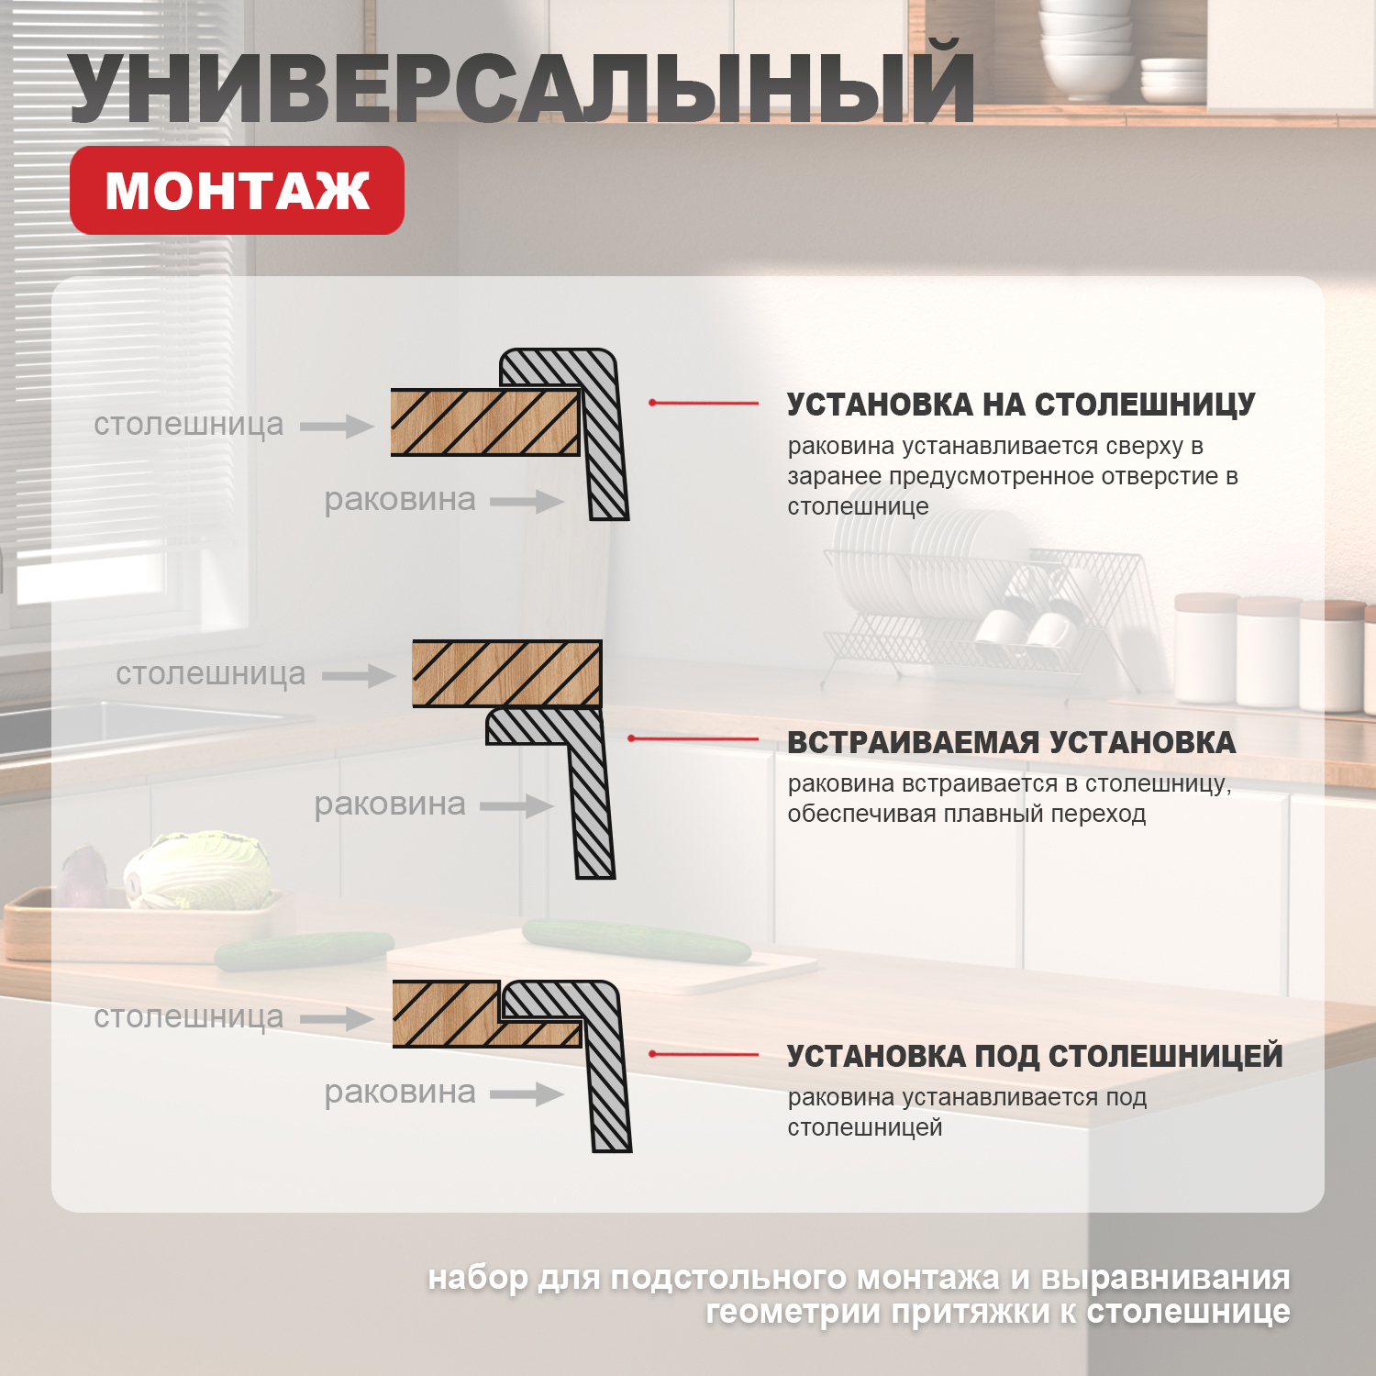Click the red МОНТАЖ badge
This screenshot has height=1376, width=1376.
coord(237,191)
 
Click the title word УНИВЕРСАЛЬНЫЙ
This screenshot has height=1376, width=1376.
coord(521,89)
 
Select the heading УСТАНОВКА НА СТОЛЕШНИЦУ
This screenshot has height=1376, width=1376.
coord(1021,405)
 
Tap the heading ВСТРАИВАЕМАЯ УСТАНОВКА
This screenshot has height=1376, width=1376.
coord(1011,742)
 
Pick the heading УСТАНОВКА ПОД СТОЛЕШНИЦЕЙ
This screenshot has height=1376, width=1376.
coord(1035,1056)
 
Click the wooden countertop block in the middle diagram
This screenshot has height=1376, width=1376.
coord(506,673)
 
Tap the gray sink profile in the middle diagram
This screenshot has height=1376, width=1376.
coord(587,798)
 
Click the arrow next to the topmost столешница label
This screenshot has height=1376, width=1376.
coord(337,426)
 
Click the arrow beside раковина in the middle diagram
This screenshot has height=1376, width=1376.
coord(516,806)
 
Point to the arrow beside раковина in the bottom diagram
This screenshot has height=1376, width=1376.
coord(527,1093)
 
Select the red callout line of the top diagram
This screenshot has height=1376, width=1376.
coord(704,403)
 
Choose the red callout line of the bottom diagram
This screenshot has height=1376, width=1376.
coord(704,1054)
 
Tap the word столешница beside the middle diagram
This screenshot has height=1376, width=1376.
coord(210,673)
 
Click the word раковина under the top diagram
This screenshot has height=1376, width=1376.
coord(400,500)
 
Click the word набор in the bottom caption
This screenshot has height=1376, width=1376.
coord(478,1277)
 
